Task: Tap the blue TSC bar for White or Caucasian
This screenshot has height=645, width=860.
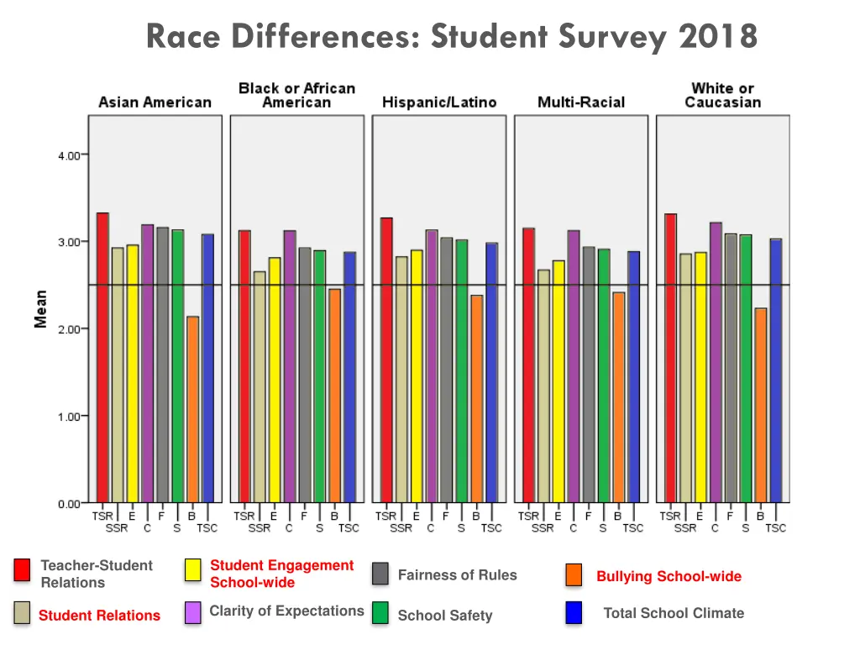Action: pyautogui.click(x=776, y=370)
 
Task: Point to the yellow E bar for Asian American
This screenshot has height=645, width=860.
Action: pyautogui.click(x=133, y=374)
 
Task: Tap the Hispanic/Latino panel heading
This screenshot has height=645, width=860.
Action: pyautogui.click(x=439, y=102)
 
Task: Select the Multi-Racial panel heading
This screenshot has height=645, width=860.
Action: pyautogui.click(x=581, y=102)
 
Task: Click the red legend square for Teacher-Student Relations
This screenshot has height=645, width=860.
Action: pyautogui.click(x=22, y=570)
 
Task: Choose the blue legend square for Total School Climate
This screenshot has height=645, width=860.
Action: pyautogui.click(x=574, y=613)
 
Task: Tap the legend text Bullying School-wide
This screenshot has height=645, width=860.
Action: pyautogui.click(x=669, y=576)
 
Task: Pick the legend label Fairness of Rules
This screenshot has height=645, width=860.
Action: pyautogui.click(x=457, y=574)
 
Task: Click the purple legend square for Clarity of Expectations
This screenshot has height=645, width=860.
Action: pyautogui.click(x=192, y=613)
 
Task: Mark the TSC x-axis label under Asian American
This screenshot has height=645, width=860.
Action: pyautogui.click(x=207, y=528)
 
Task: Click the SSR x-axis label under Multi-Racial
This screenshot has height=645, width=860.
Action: pyautogui.click(x=543, y=528)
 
